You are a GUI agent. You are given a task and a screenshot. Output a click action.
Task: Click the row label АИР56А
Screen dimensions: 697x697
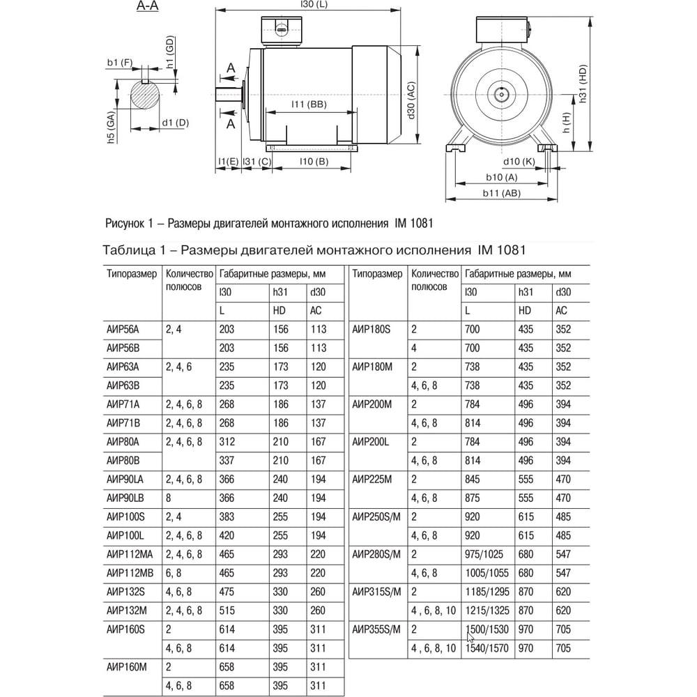123,330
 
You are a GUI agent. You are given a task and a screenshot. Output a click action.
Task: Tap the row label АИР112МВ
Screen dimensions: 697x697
129,573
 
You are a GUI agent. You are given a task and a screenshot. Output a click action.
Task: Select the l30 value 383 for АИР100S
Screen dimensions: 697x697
227,516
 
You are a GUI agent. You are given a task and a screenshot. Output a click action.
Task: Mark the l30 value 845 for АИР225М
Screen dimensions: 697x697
474,479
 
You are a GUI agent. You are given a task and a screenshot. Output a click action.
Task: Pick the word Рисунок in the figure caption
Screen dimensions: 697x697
125,224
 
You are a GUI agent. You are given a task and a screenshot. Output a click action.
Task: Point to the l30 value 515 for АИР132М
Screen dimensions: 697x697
227,611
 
